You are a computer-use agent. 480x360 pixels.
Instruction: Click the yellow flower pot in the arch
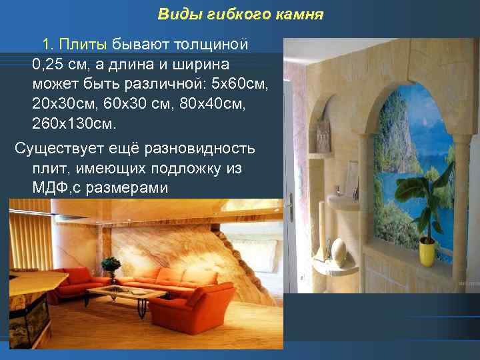pos(427,253)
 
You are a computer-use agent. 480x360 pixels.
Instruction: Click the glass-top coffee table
pos(127,293)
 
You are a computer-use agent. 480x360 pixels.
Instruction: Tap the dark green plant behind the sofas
pos(111,265)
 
